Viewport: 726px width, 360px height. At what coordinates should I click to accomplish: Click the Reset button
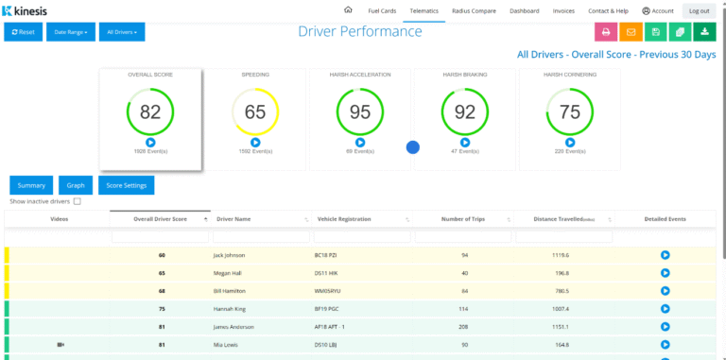[23, 32]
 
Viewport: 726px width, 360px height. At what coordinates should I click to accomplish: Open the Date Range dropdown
[71, 32]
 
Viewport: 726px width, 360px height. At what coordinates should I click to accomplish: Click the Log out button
[700, 10]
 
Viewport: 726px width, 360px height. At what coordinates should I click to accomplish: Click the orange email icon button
[631, 32]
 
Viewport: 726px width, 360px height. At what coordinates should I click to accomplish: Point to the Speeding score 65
[255, 111]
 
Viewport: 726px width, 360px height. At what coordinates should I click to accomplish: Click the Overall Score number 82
[150, 111]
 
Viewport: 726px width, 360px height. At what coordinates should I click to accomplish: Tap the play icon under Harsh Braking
[464, 142]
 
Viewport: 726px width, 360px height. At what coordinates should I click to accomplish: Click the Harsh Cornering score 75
[569, 111]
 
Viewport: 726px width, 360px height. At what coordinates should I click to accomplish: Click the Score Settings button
[126, 185]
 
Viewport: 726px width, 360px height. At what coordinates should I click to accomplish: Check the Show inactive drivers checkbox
[78, 201]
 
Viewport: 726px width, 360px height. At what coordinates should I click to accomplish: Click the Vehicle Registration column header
[344, 219]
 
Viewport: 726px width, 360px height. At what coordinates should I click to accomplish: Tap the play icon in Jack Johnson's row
[665, 255]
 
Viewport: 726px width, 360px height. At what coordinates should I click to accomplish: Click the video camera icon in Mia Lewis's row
[60, 345]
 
